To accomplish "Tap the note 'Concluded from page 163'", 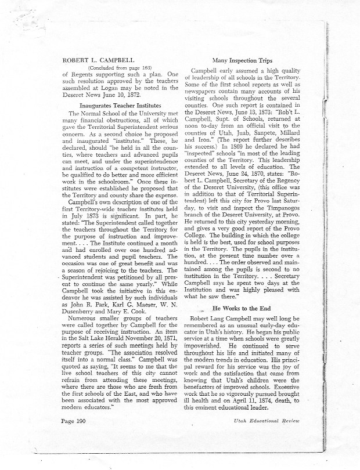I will pyautogui.click(x=103, y=68).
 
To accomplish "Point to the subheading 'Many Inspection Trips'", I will pyautogui.click(x=243, y=59).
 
